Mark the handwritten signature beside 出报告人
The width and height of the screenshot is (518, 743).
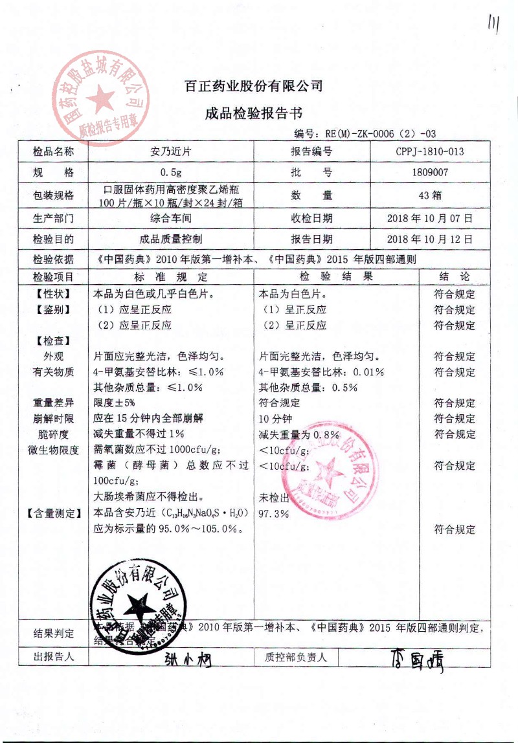pyautogui.click(x=187, y=659)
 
